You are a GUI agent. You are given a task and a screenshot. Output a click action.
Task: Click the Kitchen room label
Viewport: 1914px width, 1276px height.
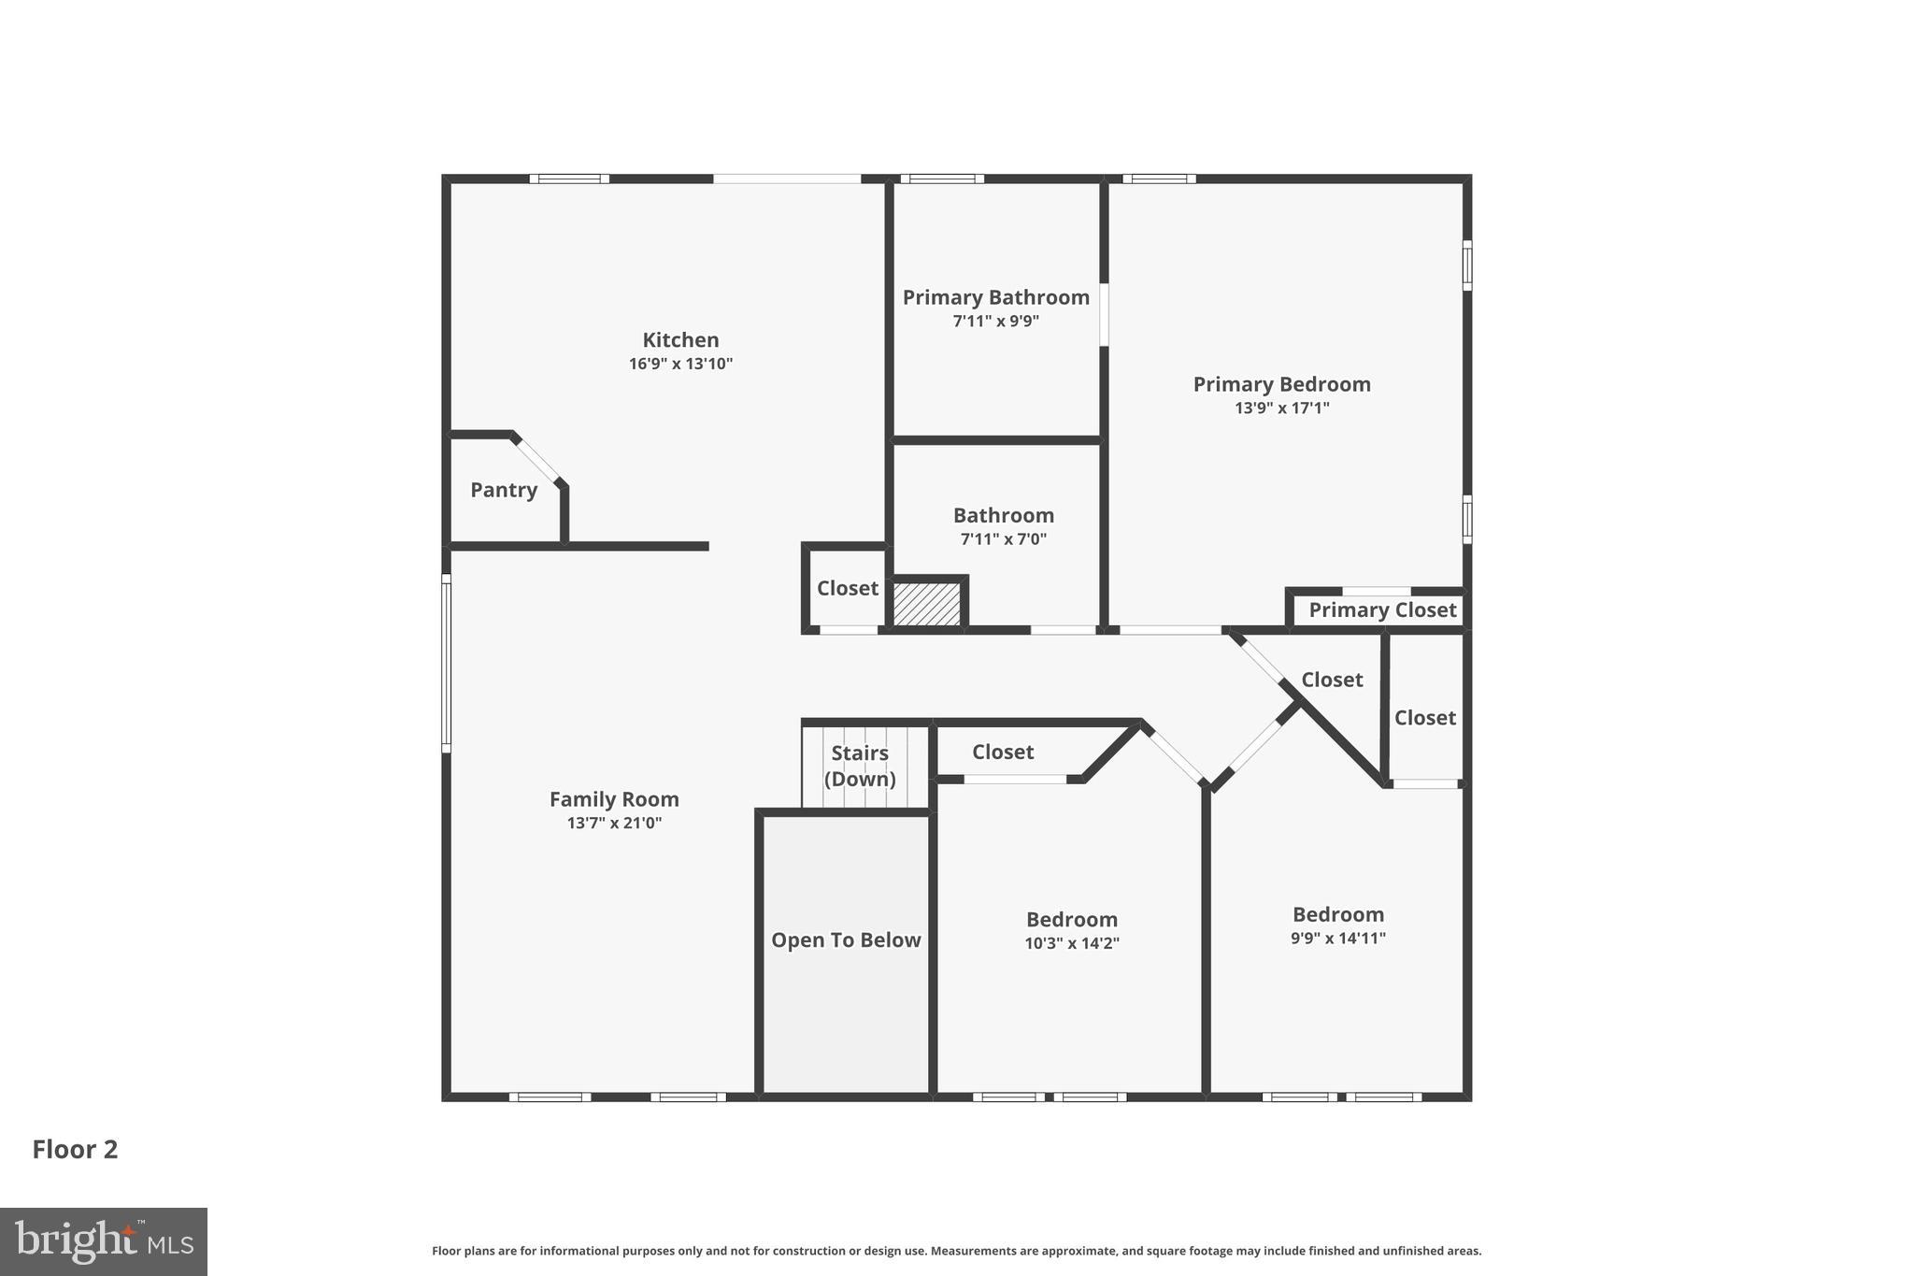coord(680,340)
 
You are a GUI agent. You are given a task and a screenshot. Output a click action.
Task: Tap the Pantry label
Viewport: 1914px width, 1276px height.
coord(503,490)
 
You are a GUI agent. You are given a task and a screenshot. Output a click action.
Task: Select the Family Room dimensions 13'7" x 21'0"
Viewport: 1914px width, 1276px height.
coord(614,824)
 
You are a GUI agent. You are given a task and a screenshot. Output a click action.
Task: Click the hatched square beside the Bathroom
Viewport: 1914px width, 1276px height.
coord(926,604)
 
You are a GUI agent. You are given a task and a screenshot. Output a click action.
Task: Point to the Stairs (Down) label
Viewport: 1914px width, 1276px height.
coord(860,766)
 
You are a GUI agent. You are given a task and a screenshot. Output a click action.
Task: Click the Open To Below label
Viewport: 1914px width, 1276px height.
coord(846,940)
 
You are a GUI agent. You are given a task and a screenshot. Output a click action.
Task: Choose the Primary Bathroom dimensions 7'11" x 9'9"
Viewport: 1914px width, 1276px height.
coord(995,322)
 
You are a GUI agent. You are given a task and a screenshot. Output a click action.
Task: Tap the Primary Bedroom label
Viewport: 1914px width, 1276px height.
coord(1281,384)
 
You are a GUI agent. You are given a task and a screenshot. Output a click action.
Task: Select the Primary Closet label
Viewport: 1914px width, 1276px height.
coord(1381,610)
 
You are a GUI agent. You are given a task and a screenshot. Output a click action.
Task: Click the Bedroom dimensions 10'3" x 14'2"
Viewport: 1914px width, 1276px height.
coord(1071,944)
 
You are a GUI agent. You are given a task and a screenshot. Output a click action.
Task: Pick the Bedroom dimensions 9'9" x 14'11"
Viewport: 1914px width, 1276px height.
coord(1337,939)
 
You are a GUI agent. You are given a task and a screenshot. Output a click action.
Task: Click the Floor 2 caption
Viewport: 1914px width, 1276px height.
coord(75,1150)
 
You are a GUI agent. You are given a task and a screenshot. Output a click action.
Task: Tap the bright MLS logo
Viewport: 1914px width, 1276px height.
coord(104,1241)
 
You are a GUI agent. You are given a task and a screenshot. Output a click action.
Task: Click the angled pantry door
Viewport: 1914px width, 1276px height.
coord(537,459)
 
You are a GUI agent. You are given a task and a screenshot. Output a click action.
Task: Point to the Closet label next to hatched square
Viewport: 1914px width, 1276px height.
coord(847,588)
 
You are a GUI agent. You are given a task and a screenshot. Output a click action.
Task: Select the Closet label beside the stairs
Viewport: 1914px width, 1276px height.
coord(1002,752)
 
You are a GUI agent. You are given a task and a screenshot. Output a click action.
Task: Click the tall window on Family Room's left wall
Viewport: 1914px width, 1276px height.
coord(447,663)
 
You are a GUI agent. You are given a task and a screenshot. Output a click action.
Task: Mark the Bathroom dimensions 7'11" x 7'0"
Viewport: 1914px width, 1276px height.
coord(1003,539)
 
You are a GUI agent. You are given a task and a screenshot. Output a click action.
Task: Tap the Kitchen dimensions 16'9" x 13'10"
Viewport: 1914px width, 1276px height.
coord(680,364)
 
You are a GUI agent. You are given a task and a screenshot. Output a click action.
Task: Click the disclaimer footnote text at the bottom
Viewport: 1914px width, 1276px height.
coord(956,1251)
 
